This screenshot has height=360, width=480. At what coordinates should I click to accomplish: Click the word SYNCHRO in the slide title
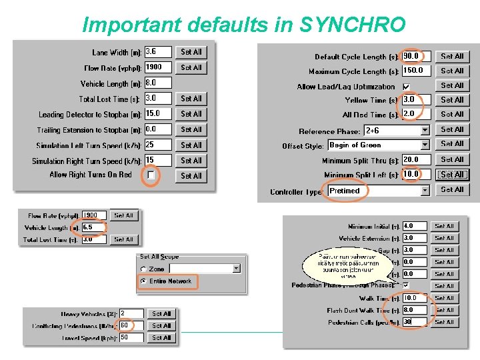coord(353,25)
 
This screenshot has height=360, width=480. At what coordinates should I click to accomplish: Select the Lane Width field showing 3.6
coord(158,51)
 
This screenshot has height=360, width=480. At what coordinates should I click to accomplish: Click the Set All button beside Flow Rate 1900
coord(191,67)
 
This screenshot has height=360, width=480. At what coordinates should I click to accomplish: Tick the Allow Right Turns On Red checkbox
coord(151,175)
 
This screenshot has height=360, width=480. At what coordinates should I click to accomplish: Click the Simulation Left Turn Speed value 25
coord(158,145)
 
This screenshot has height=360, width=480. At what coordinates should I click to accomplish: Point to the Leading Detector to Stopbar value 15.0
coord(158,113)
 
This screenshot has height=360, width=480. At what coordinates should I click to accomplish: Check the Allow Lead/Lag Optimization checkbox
coord(406,87)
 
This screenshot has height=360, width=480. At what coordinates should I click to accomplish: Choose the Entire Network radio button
coord(143,281)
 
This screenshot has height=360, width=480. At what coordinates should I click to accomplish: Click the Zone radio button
coord(143,269)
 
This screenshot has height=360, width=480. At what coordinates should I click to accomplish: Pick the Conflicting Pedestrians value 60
coord(131,325)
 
